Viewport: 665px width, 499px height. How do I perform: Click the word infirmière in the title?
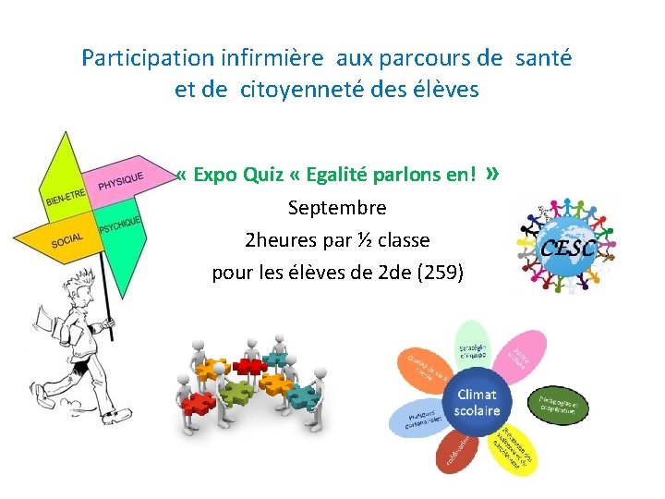[272, 58]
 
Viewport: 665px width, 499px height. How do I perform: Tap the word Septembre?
[337, 207]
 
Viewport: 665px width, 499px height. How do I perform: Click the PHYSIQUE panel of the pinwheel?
[118, 179]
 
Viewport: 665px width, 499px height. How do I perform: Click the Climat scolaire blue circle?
[478, 403]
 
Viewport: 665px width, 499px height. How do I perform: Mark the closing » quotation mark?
[492, 173]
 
